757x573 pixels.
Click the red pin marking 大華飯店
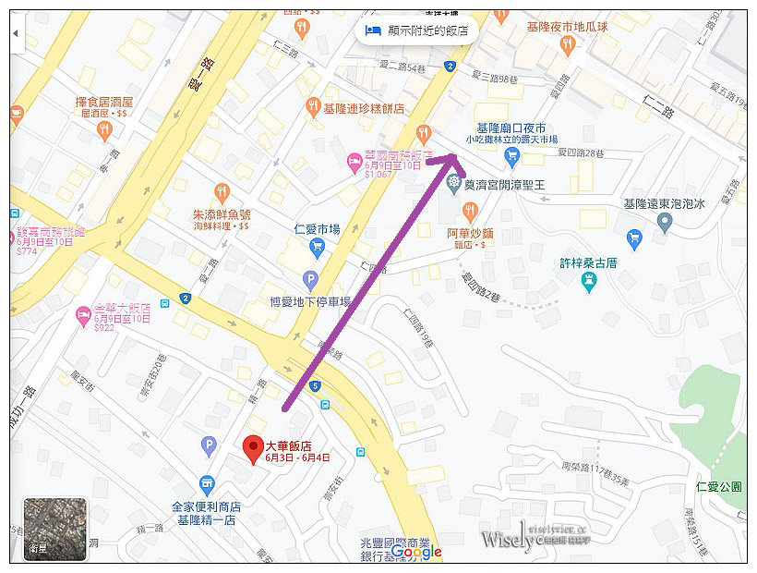pyautogui.click(x=252, y=449)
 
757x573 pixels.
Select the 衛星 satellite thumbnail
pyautogui.click(x=54, y=529)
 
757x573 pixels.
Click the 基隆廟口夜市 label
pyautogui.click(x=510, y=128)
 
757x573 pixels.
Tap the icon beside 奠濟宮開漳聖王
pyautogui.click(x=453, y=184)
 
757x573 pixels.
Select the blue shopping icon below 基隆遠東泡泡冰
pyautogui.click(x=633, y=240)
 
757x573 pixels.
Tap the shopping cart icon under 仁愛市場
pyautogui.click(x=318, y=247)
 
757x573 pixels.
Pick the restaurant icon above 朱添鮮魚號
pyautogui.click(x=222, y=192)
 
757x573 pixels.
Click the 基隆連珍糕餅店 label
pyautogui.click(x=363, y=109)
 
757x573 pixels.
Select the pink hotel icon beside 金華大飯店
pyautogui.click(x=82, y=316)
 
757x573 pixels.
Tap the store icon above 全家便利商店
pyautogui.click(x=207, y=483)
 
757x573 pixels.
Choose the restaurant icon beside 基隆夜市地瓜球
pyautogui.click(x=501, y=15)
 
